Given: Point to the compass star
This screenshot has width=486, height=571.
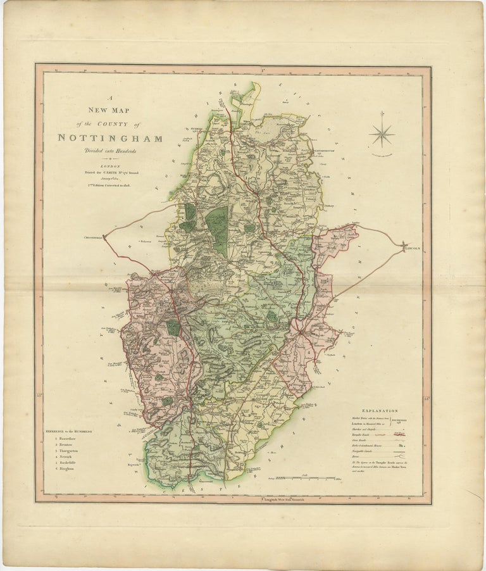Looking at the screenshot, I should [x=382, y=134].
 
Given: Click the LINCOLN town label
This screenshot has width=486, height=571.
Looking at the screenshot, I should [x=412, y=249].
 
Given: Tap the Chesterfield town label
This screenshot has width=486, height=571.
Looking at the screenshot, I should [x=92, y=238].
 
